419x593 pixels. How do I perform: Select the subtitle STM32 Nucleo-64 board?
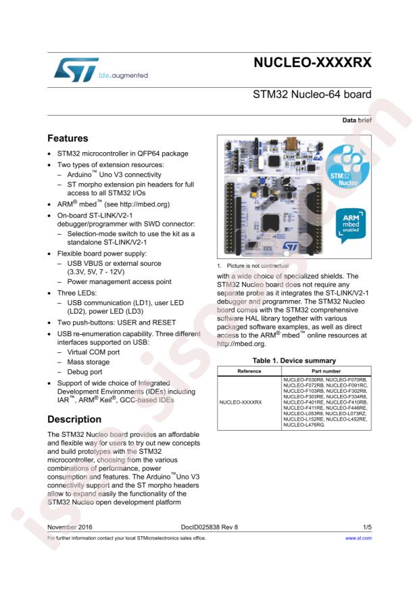click(312, 95)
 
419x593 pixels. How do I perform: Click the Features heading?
click(68, 139)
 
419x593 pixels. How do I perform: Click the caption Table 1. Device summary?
click(294, 360)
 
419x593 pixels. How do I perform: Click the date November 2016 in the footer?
click(70, 525)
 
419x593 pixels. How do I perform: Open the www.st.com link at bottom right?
click(358, 538)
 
